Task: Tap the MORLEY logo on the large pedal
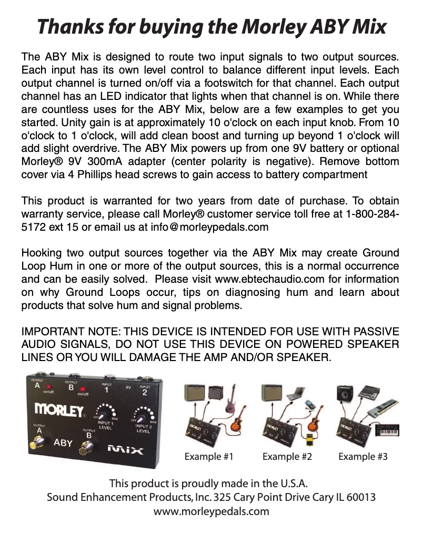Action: [59, 408]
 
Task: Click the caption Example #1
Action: [208, 456]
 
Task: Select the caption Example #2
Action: [287, 456]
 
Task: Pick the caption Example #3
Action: [363, 456]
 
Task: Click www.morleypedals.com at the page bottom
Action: [211, 511]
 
